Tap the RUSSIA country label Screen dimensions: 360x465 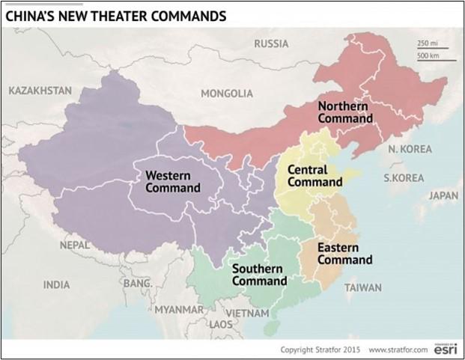[x=270, y=43]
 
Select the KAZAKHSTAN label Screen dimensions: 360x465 [x=40, y=91]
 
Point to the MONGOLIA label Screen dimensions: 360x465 [x=227, y=94]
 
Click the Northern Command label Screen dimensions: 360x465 [x=344, y=112]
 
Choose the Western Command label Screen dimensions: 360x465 [x=172, y=182]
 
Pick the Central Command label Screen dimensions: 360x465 [x=314, y=176]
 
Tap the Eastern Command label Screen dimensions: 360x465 [x=344, y=254]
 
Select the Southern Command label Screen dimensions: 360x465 [x=259, y=275]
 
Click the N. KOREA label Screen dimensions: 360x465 [x=410, y=149]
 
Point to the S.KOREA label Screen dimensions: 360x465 [x=404, y=178]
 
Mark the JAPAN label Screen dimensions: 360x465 [x=443, y=195]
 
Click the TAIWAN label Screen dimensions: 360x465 [x=362, y=287]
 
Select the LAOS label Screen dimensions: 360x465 [x=221, y=325]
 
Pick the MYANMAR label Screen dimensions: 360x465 [x=178, y=309]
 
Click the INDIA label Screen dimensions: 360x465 [x=56, y=284]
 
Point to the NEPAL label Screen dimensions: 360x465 [x=74, y=245]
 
